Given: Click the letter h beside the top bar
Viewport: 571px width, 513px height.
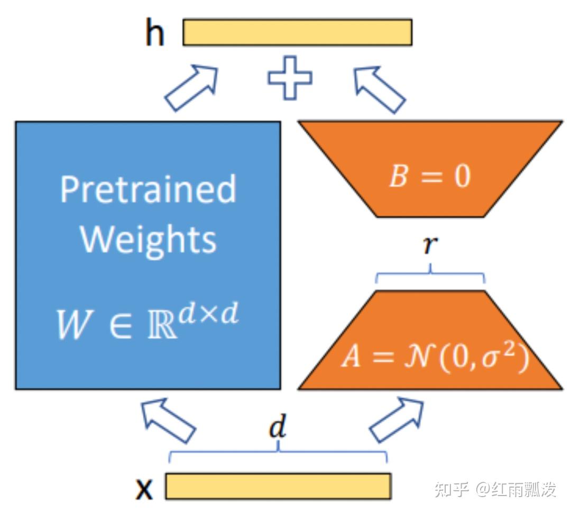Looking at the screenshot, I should pos(154,33).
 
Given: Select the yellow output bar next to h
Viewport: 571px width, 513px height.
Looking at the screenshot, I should pos(297,32).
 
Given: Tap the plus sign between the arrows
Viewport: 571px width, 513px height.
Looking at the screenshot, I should pos(290,78).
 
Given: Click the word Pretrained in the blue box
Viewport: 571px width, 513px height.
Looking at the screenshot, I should pos(148,189).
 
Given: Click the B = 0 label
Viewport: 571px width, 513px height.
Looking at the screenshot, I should pos(429,176).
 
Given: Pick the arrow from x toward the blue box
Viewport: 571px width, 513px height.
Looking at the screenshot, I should pos(168,420).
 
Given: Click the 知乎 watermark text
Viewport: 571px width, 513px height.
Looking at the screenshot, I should pos(452,489).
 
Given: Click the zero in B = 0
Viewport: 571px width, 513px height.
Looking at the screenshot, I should pos(462,176).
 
